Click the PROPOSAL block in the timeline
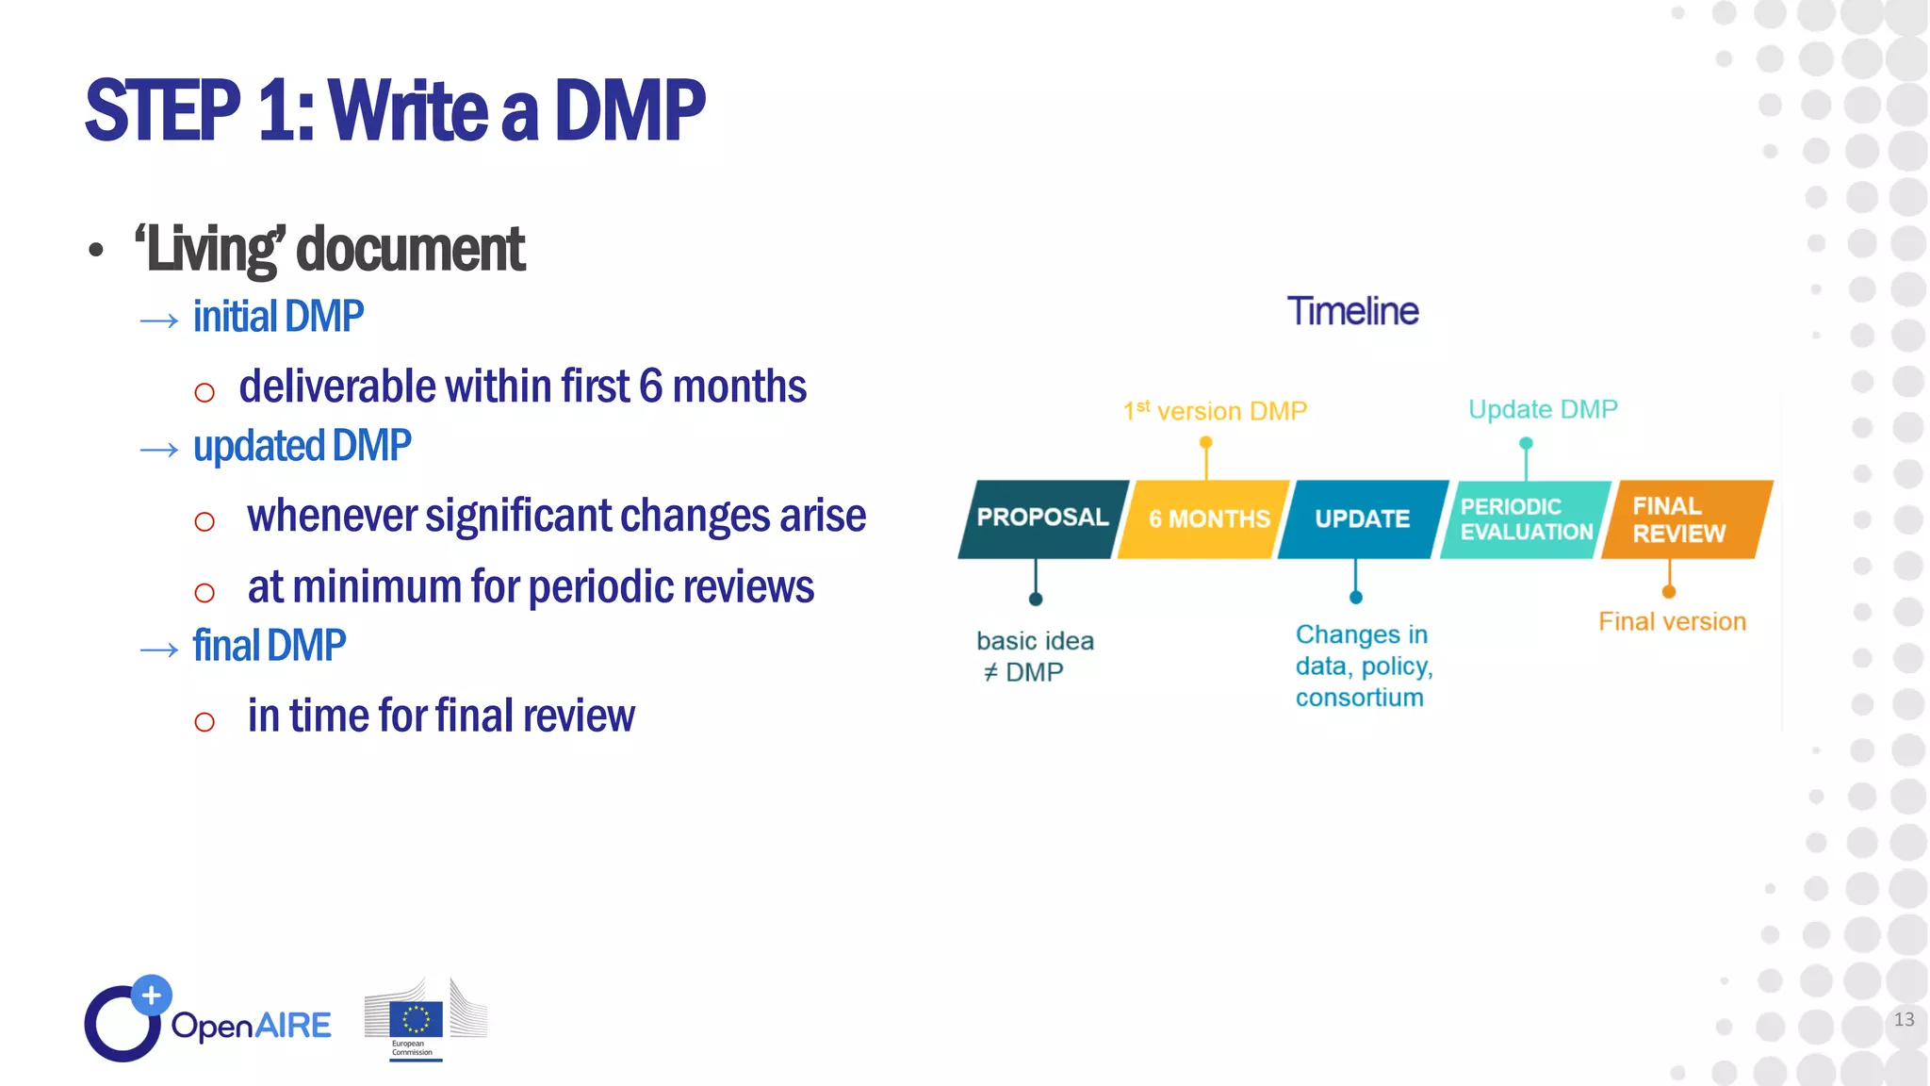pyautogui.click(x=1041, y=518)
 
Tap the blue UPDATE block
pyautogui.click(x=1363, y=519)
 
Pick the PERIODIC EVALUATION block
pyautogui.click(x=1525, y=519)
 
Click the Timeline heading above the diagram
pyautogui.click(x=1352, y=312)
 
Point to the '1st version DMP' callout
pyautogui.click(x=1215, y=412)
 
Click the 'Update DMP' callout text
pyautogui.click(x=1543, y=409)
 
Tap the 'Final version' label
pyautogui.click(x=1672, y=622)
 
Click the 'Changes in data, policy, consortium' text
pyautogui.click(x=1363, y=666)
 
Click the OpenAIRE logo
pyautogui.click(x=207, y=1021)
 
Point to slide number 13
pyautogui.click(x=1904, y=1020)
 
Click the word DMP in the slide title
pyautogui.click(x=629, y=111)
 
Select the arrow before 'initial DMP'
pyautogui.click(x=158, y=321)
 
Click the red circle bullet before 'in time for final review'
pyautogui.click(x=204, y=722)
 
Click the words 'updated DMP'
pyautogui.click(x=302, y=446)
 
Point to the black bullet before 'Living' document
pyautogui.click(x=95, y=251)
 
